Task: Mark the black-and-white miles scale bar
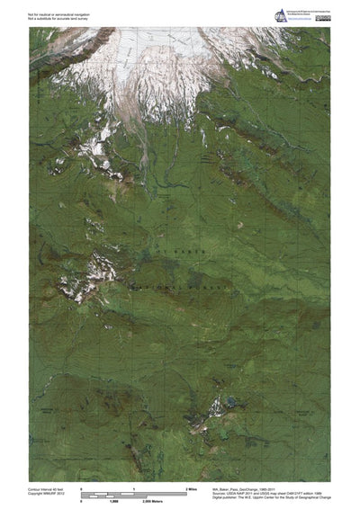[135, 492]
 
